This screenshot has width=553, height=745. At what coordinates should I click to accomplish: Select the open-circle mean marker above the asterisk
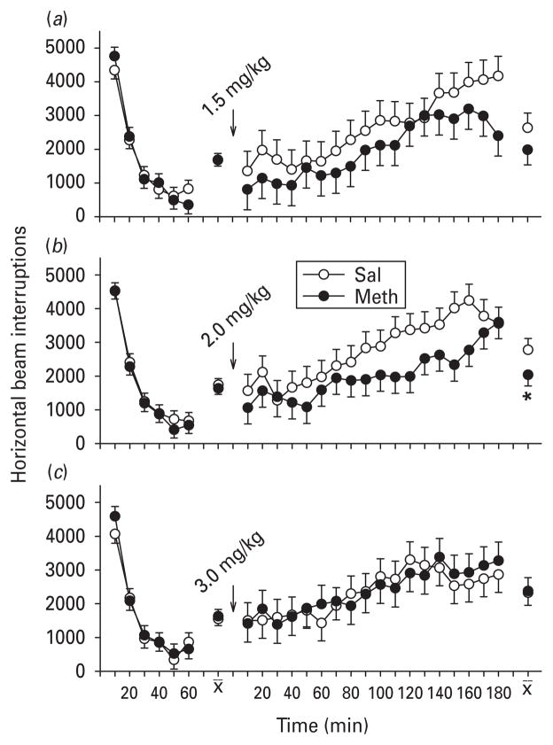pos(528,350)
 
